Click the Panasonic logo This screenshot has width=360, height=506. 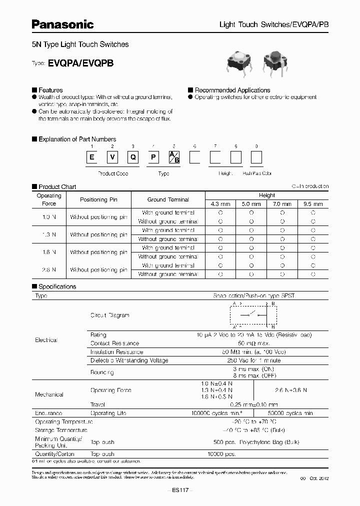pos(62,24)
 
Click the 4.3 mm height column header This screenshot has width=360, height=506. pos(220,204)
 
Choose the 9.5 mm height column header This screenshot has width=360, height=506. pos(313,204)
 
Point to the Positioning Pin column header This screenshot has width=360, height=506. pos(98,199)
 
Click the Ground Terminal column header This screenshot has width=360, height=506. pos(168,199)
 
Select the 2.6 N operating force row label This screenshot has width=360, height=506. pos(48,269)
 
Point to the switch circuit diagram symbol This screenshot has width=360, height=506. pos(252,314)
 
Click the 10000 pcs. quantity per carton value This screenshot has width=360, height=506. pos(220,454)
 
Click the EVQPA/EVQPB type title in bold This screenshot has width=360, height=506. pos(80,63)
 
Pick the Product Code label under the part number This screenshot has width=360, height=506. pos(112,173)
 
